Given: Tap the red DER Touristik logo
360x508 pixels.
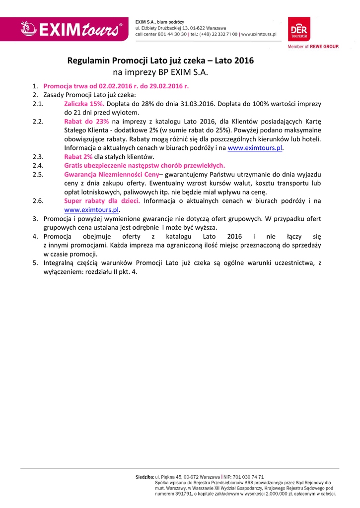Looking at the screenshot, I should point(299,29).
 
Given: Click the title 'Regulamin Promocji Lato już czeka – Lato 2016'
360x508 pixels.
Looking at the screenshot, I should point(160,61).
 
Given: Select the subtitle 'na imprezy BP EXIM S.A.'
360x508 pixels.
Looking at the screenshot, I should point(160,72).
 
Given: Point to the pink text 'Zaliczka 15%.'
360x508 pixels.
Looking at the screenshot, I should point(84,104).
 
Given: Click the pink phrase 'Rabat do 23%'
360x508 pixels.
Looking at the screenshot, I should point(86,122).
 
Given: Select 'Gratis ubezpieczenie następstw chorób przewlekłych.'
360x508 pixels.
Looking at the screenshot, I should point(144,166).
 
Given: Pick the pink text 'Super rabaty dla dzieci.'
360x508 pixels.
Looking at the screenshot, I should point(102,201).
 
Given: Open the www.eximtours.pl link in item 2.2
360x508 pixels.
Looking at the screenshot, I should point(255,148).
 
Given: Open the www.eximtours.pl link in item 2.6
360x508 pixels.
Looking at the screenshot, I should point(92,210).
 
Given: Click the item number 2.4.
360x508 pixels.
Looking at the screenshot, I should point(38,166).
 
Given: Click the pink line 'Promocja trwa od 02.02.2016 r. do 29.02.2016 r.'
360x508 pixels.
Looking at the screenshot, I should point(116,86).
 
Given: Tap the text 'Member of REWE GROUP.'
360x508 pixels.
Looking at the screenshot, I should point(313,47).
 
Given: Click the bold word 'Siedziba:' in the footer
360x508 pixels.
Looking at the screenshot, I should point(145,477).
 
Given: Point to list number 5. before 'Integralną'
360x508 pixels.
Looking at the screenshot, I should point(36,263).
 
